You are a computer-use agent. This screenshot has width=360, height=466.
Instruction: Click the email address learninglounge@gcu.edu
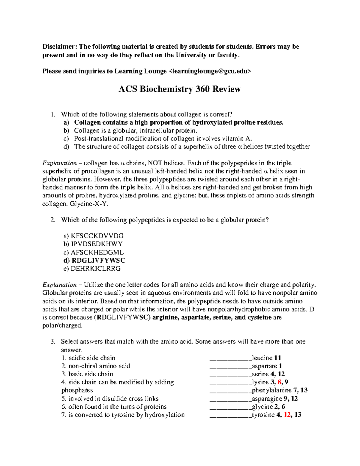point(210,71)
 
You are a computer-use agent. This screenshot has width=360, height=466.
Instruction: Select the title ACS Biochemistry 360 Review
point(179,89)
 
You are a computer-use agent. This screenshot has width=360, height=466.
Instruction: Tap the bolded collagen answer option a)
point(178,122)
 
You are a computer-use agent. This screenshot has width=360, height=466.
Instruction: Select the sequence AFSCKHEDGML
point(97,252)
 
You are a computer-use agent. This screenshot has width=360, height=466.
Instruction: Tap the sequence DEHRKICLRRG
point(95,269)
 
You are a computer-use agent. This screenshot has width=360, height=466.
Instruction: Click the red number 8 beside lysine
point(280,382)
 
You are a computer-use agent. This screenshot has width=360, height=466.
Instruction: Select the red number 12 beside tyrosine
point(287,415)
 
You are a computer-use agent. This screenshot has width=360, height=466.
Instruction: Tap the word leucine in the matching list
point(262,358)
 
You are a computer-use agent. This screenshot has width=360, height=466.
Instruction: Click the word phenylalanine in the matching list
point(271,390)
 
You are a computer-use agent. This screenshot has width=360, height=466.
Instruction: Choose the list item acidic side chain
point(91,358)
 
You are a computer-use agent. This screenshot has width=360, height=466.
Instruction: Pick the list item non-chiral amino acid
point(99,366)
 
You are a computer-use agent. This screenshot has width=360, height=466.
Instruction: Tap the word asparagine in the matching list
point(267,399)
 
